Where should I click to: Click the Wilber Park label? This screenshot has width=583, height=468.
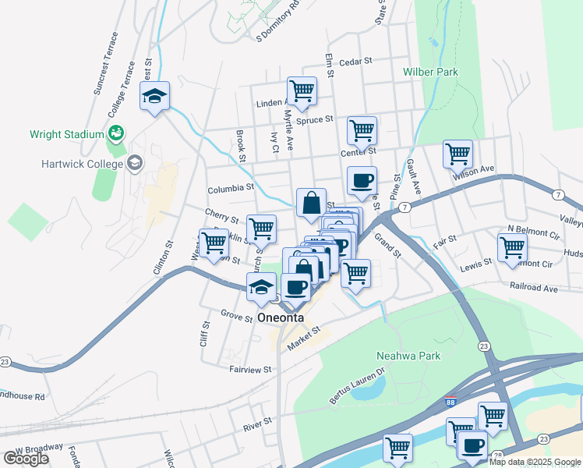[430, 72]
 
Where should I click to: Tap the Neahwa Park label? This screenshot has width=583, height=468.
[408, 356]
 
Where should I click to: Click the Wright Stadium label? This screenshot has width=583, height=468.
[66, 134]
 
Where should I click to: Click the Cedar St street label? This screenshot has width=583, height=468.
[357, 62]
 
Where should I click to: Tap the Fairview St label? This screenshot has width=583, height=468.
[249, 368]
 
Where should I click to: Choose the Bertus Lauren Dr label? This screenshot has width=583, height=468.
[357, 390]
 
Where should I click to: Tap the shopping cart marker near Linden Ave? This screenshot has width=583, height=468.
[301, 90]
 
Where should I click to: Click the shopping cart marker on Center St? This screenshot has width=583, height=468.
[362, 130]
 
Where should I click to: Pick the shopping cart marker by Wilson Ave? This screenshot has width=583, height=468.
[458, 153]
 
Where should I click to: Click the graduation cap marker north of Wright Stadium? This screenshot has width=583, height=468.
[154, 97]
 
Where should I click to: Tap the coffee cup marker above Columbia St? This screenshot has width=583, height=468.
[362, 181]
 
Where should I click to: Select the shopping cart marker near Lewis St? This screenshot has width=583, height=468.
[512, 247]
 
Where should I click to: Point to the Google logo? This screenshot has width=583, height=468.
[26, 459]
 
